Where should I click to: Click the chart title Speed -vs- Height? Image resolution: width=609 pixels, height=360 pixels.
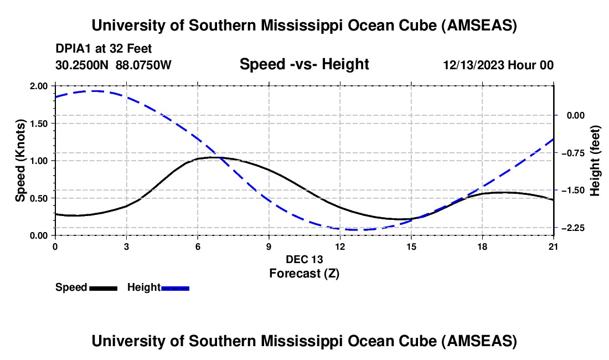(304, 64)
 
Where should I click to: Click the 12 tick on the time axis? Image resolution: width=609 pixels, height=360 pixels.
(340, 246)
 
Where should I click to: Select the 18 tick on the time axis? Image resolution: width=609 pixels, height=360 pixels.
(482, 246)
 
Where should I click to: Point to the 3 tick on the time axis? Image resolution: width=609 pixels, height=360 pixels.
(127, 246)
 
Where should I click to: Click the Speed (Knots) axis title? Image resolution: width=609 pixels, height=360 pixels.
(20, 161)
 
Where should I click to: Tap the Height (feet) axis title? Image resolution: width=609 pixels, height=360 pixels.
(596, 161)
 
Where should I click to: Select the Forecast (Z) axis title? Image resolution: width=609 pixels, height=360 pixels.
(304, 273)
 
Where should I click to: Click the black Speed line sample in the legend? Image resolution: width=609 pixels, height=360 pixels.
(104, 288)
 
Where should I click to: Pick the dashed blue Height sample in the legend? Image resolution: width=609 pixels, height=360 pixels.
(175, 288)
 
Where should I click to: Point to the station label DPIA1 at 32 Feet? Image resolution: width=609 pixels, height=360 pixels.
(104, 49)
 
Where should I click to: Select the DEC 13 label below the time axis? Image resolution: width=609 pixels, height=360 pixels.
(304, 259)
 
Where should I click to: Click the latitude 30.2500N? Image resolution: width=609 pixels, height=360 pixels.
(83, 65)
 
